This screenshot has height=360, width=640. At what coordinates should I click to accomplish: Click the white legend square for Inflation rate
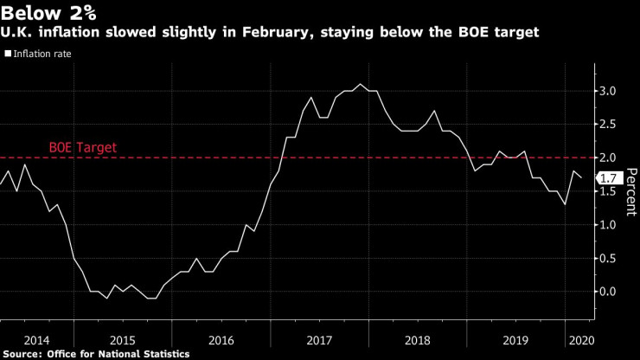[8, 54]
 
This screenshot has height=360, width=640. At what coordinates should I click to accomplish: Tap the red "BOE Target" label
[82, 148]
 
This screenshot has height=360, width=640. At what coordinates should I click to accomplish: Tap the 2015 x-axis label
[123, 340]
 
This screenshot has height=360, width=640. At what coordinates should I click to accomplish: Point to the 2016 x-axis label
[221, 340]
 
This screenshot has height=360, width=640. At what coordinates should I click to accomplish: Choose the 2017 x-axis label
[320, 340]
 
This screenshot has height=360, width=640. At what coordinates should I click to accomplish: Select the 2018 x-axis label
[419, 340]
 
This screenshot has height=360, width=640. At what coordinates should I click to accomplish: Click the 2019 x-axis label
[516, 340]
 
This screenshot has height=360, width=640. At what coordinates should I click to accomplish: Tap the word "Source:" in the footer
[26, 353]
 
